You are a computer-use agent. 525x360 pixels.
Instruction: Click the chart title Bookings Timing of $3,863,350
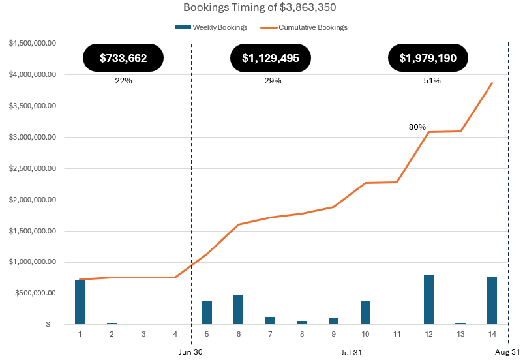[262, 8]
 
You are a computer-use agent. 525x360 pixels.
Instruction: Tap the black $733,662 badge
[123, 58]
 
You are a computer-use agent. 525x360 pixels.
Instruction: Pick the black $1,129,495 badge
[271, 58]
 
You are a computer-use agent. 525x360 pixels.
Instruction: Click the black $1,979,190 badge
[428, 58]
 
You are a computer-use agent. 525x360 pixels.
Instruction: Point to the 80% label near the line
[417, 127]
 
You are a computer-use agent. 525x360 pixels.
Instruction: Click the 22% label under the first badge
[123, 81]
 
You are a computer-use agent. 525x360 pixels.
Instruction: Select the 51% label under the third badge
[432, 81]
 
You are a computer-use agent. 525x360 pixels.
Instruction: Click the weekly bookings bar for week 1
[80, 302]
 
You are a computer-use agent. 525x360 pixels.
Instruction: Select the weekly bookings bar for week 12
[428, 299]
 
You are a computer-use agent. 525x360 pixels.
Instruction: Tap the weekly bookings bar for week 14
[492, 300]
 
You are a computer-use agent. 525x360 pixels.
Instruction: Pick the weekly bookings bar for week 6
[238, 309]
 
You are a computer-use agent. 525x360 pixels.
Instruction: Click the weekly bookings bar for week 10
[365, 312]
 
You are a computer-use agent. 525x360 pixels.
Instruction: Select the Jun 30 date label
[191, 352]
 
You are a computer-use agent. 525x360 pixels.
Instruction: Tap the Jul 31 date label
[352, 352]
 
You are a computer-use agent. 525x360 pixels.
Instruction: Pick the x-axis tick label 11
[397, 334]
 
